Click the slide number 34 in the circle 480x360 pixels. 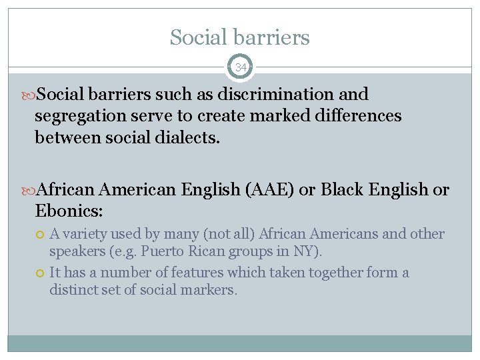pos(240,67)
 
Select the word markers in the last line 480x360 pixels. pos(213,291)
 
